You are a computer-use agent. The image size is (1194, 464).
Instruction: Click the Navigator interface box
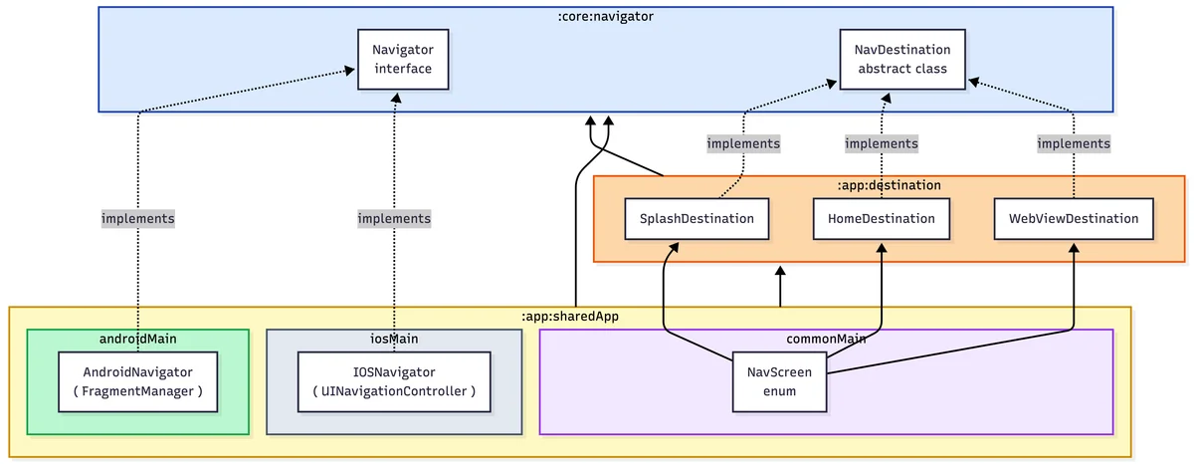403,59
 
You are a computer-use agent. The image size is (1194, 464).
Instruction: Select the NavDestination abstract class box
902,59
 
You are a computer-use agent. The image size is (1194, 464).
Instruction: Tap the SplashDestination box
696,219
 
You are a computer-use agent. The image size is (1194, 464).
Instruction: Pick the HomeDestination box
882,219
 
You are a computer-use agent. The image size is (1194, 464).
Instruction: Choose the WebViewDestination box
1074,219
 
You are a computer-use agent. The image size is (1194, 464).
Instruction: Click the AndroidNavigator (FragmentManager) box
138,382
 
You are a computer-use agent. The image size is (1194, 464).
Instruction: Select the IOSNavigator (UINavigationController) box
394,382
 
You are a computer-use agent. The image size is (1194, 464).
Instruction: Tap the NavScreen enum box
779,382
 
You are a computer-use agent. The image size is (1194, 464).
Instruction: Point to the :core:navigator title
606,17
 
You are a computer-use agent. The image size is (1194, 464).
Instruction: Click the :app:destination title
890,185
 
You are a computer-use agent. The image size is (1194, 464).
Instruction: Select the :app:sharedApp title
570,317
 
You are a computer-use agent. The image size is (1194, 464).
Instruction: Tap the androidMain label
138,339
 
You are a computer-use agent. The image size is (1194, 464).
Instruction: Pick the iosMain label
394,339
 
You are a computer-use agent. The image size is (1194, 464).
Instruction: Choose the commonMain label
826,339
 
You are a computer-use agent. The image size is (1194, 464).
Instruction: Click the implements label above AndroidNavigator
138,219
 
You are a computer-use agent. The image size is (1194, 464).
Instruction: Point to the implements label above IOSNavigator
394,219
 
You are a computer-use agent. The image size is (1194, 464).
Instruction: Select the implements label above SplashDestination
743,143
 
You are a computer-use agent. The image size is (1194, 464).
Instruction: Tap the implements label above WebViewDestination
1074,143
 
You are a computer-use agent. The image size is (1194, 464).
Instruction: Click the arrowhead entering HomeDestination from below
882,248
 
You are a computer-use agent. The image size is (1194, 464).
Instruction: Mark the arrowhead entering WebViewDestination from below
1074,248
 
